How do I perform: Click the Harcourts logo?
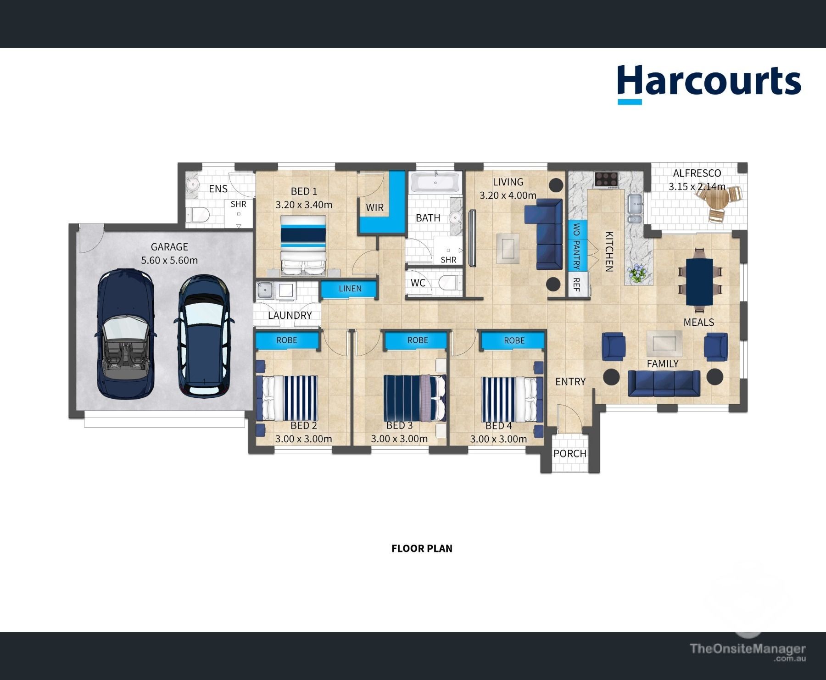click(x=709, y=84)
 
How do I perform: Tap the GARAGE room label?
click(x=169, y=247)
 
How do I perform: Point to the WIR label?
click(x=374, y=207)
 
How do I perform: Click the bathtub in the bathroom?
click(x=435, y=182)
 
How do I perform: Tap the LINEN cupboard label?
click(x=350, y=289)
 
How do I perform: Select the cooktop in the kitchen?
click(x=606, y=179)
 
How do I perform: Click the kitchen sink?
click(x=636, y=204)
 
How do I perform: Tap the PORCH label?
click(x=570, y=453)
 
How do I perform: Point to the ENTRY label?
click(x=570, y=381)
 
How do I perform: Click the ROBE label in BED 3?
click(x=418, y=340)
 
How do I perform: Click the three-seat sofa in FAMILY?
click(x=664, y=384)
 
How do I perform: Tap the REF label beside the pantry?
click(x=576, y=284)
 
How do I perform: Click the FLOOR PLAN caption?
click(x=422, y=548)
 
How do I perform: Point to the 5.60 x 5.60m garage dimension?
click(x=169, y=260)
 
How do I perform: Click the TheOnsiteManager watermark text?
click(x=748, y=649)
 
